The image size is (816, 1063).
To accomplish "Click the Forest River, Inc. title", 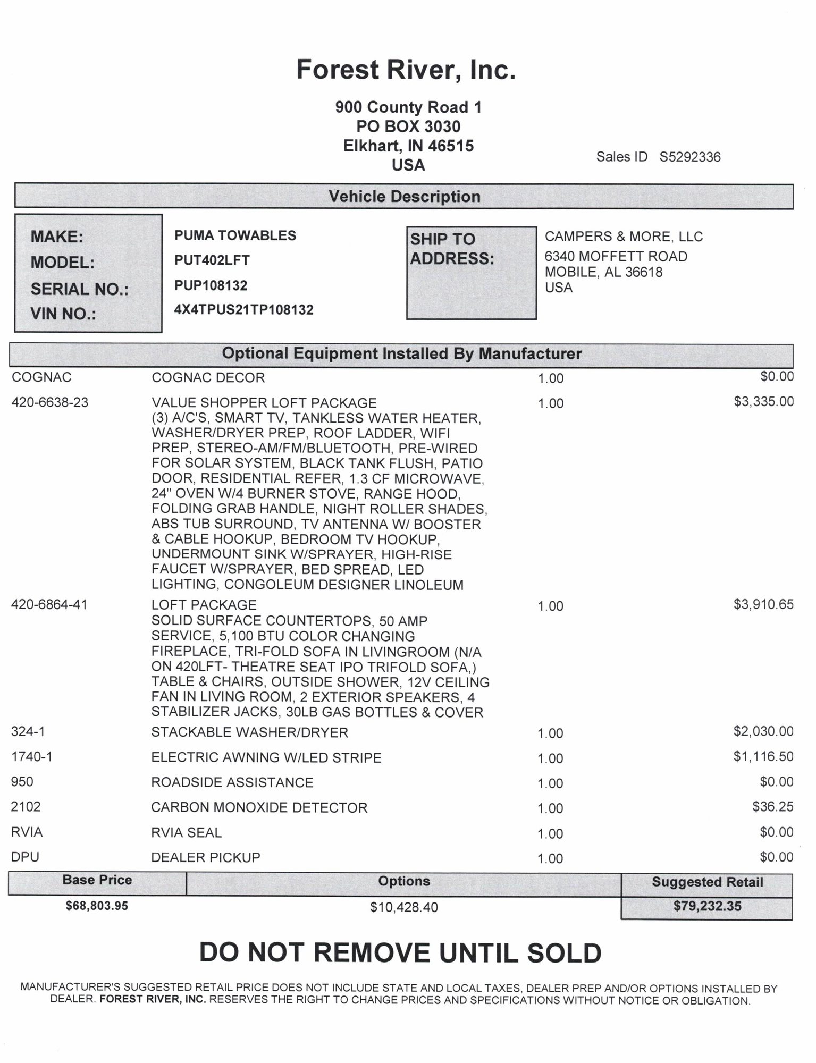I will pos(406,70).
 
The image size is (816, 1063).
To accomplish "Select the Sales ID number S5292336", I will pos(689,157).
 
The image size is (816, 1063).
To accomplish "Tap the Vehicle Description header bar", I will pos(404,197).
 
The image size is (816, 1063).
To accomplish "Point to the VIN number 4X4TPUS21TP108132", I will pos(243,310).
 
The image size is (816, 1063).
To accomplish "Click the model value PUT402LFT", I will pos(212,260).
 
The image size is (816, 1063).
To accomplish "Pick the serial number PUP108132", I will pos(211,285).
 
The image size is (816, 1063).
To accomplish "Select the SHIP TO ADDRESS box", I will pos(471,273).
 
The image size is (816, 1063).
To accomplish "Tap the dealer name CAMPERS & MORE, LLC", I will pos(624,237).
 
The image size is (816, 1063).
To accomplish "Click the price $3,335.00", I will pos(763,401).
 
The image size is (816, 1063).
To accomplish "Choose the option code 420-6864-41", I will pos(49,604).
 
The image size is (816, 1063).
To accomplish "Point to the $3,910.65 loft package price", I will pos(763,604).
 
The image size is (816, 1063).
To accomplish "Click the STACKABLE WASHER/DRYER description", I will pos(249,732).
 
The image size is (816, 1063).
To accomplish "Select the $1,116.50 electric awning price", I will pos(763,756).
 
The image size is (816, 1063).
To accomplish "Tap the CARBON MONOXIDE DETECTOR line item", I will pos(259,807).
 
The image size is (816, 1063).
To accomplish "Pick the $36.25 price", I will pos(772,807).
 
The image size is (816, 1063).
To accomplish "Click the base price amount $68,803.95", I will pos(97,906).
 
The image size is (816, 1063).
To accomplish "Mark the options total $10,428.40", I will pos(404,907).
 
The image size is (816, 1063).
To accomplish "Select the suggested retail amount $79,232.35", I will pos(707,906).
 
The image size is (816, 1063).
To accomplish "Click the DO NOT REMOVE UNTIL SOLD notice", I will pos(400,953).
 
